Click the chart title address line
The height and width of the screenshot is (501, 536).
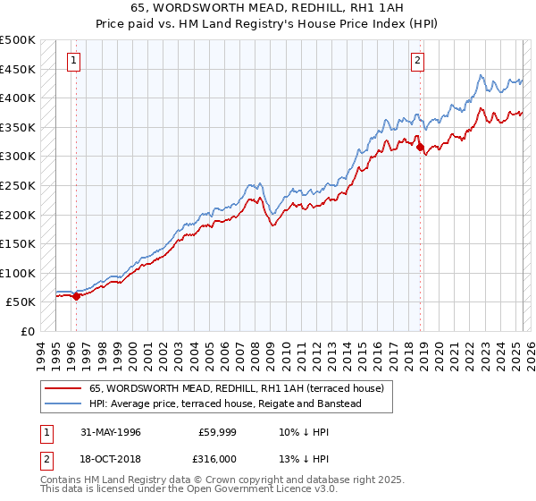[268, 8]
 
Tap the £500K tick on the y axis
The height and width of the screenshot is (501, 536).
[18, 40]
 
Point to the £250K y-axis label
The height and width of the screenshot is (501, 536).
[18, 185]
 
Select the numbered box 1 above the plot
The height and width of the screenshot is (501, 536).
[72, 61]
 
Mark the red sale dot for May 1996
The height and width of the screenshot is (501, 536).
[76, 297]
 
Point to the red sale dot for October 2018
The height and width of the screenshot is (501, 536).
[421, 149]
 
